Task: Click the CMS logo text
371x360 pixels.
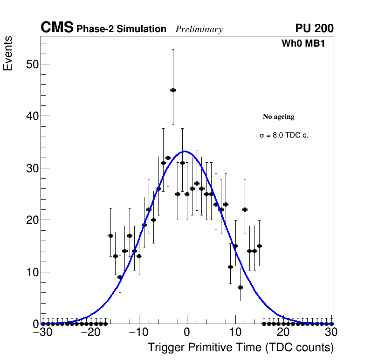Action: pyautogui.click(x=57, y=28)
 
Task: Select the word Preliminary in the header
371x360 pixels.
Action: pyautogui.click(x=199, y=29)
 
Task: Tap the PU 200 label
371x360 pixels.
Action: pyautogui.click(x=314, y=28)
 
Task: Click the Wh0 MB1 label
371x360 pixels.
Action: pyautogui.click(x=303, y=43)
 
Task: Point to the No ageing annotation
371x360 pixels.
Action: pyautogui.click(x=279, y=117)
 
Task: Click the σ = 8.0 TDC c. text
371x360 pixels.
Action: pyautogui.click(x=284, y=135)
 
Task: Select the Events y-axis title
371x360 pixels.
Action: pyautogui.click(x=8, y=54)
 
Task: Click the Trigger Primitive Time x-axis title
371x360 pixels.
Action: pyautogui.click(x=240, y=347)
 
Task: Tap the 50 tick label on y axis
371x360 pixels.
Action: pyautogui.click(x=32, y=64)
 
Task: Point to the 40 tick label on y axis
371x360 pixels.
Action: pyautogui.click(x=32, y=116)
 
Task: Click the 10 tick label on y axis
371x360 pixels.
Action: pyautogui.click(x=32, y=272)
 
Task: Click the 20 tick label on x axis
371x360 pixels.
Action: pyautogui.click(x=283, y=332)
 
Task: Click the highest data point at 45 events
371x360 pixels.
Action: pyautogui.click(x=173, y=90)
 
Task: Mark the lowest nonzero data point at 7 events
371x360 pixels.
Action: pyautogui.click(x=240, y=287)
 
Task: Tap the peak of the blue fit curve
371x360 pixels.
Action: pyautogui.click(x=185, y=151)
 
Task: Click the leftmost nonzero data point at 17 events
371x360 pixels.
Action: pyautogui.click(x=110, y=235)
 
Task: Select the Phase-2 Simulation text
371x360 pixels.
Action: pyautogui.click(x=121, y=29)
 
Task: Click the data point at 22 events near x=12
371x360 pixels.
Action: pyautogui.click(x=245, y=209)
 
